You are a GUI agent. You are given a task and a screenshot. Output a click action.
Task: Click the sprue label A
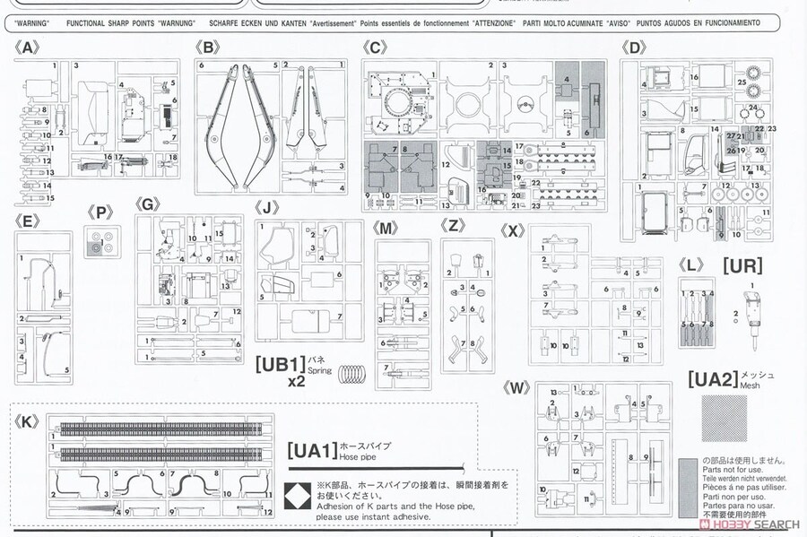point(27,48)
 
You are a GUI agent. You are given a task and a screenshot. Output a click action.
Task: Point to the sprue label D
point(635,48)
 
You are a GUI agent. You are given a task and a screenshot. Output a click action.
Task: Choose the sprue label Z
point(455,228)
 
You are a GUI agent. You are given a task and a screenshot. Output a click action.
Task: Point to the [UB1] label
point(281,365)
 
